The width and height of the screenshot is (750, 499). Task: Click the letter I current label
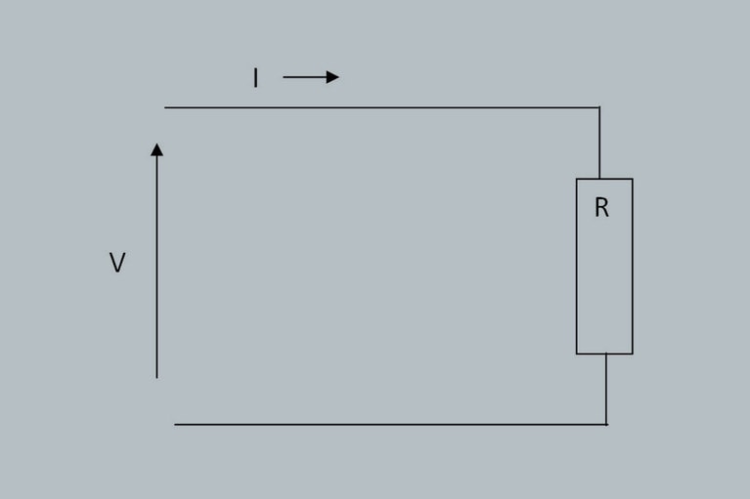click(256, 78)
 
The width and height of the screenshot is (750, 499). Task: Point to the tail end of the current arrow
click(284, 77)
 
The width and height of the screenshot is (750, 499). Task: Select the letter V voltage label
click(117, 262)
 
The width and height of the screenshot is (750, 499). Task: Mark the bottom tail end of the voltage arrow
click(156, 378)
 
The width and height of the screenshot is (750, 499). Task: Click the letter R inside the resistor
click(601, 208)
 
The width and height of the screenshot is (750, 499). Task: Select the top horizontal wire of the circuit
click(382, 107)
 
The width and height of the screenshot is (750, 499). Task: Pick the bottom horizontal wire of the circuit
click(391, 424)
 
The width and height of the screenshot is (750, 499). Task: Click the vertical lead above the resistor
click(599, 144)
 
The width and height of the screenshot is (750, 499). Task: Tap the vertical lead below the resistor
click(606, 390)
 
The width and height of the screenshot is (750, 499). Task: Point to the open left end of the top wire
click(165, 107)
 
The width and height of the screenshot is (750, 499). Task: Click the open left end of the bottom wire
click(175, 424)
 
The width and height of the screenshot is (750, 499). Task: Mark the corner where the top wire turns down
click(599, 107)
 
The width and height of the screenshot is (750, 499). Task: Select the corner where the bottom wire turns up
click(606, 424)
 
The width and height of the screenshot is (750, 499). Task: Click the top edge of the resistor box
click(604, 179)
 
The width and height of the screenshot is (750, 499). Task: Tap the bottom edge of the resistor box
click(604, 353)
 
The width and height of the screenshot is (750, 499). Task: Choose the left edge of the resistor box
click(576, 267)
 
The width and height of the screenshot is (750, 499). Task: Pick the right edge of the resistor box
click(633, 267)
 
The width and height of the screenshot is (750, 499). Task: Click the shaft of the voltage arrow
click(156, 267)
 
